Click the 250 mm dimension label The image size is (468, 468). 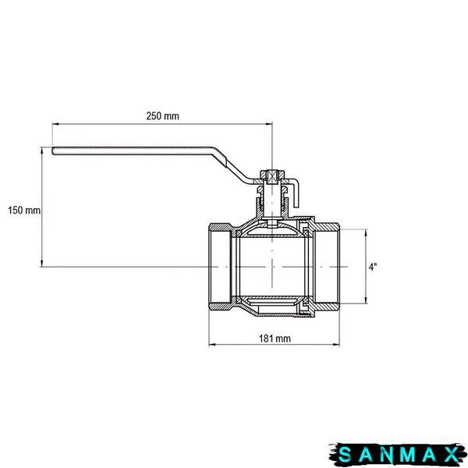[x=163, y=115]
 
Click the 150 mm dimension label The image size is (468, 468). [x=24, y=210]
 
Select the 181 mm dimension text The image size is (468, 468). [x=275, y=339]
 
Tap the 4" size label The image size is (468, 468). [x=373, y=267]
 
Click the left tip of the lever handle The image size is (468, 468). [x=52, y=151]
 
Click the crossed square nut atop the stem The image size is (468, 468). [x=272, y=177]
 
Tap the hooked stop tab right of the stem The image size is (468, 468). [x=294, y=192]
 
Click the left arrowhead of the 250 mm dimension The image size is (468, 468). [x=55, y=124]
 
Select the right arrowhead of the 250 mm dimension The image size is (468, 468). [x=269, y=124]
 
